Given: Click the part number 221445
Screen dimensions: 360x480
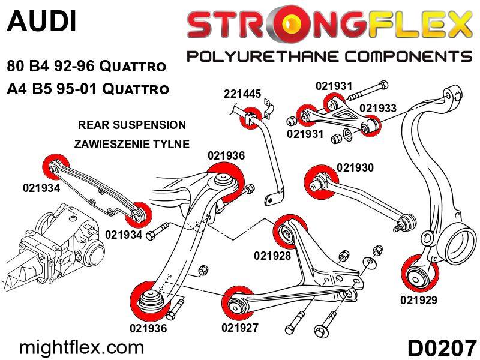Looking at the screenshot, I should click(242, 94).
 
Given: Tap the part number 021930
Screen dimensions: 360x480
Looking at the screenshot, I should click(355, 167).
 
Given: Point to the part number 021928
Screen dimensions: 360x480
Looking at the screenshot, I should click(272, 256).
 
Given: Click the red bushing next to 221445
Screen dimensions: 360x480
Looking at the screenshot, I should click(250, 116).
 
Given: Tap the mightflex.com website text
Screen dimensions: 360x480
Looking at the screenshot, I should click(82, 347).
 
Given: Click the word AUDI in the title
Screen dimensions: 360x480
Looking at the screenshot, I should click(41, 22).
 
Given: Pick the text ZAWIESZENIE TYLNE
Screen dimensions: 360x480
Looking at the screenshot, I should click(131, 144).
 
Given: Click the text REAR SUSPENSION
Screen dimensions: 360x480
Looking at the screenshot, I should click(132, 125).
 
